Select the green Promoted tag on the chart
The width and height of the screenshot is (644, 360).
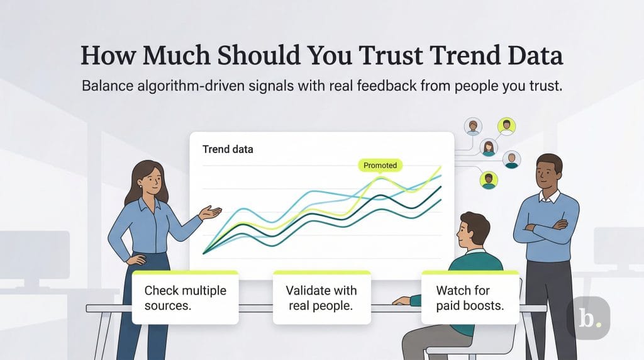380,166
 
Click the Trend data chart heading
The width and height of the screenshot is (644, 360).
228,150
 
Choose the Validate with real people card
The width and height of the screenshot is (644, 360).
321,298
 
